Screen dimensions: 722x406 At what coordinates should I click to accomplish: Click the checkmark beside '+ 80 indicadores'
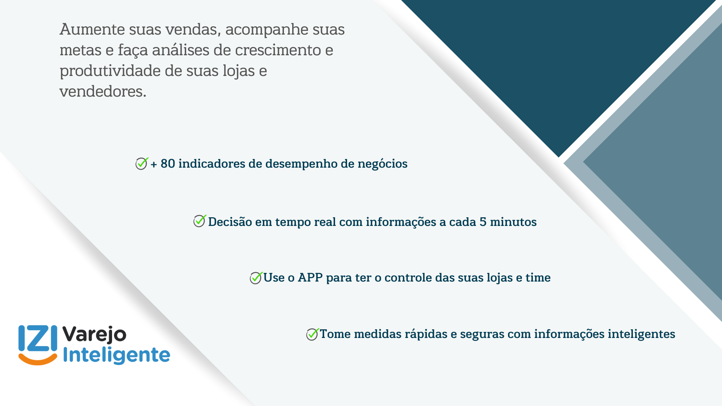pos(142,164)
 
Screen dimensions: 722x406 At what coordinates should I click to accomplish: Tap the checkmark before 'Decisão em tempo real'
pos(200,221)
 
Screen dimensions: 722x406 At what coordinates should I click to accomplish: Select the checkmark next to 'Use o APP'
pos(256,278)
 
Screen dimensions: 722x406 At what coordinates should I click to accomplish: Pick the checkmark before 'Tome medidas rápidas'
pos(312,334)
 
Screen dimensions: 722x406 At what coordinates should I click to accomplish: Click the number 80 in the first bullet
pos(168,164)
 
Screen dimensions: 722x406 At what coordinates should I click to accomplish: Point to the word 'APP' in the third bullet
pos(310,277)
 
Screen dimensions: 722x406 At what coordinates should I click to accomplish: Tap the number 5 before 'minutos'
pos(483,222)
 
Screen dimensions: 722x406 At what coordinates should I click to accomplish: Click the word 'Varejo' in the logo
pos(94,335)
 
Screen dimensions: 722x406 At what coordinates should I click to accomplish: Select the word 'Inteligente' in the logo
pos(117,355)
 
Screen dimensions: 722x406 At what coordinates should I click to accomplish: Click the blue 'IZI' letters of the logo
pos(38,338)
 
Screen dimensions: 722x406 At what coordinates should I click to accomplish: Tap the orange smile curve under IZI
pos(38,359)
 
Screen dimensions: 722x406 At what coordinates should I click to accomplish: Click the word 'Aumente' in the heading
pos(92,29)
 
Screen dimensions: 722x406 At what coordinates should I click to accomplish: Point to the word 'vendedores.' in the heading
pos(103,91)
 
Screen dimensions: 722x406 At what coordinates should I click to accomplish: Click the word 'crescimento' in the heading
pos(278,50)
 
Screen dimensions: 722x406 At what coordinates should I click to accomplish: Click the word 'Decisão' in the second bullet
pos(230,222)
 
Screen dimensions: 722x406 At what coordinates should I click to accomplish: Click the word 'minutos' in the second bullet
pos(513,222)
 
